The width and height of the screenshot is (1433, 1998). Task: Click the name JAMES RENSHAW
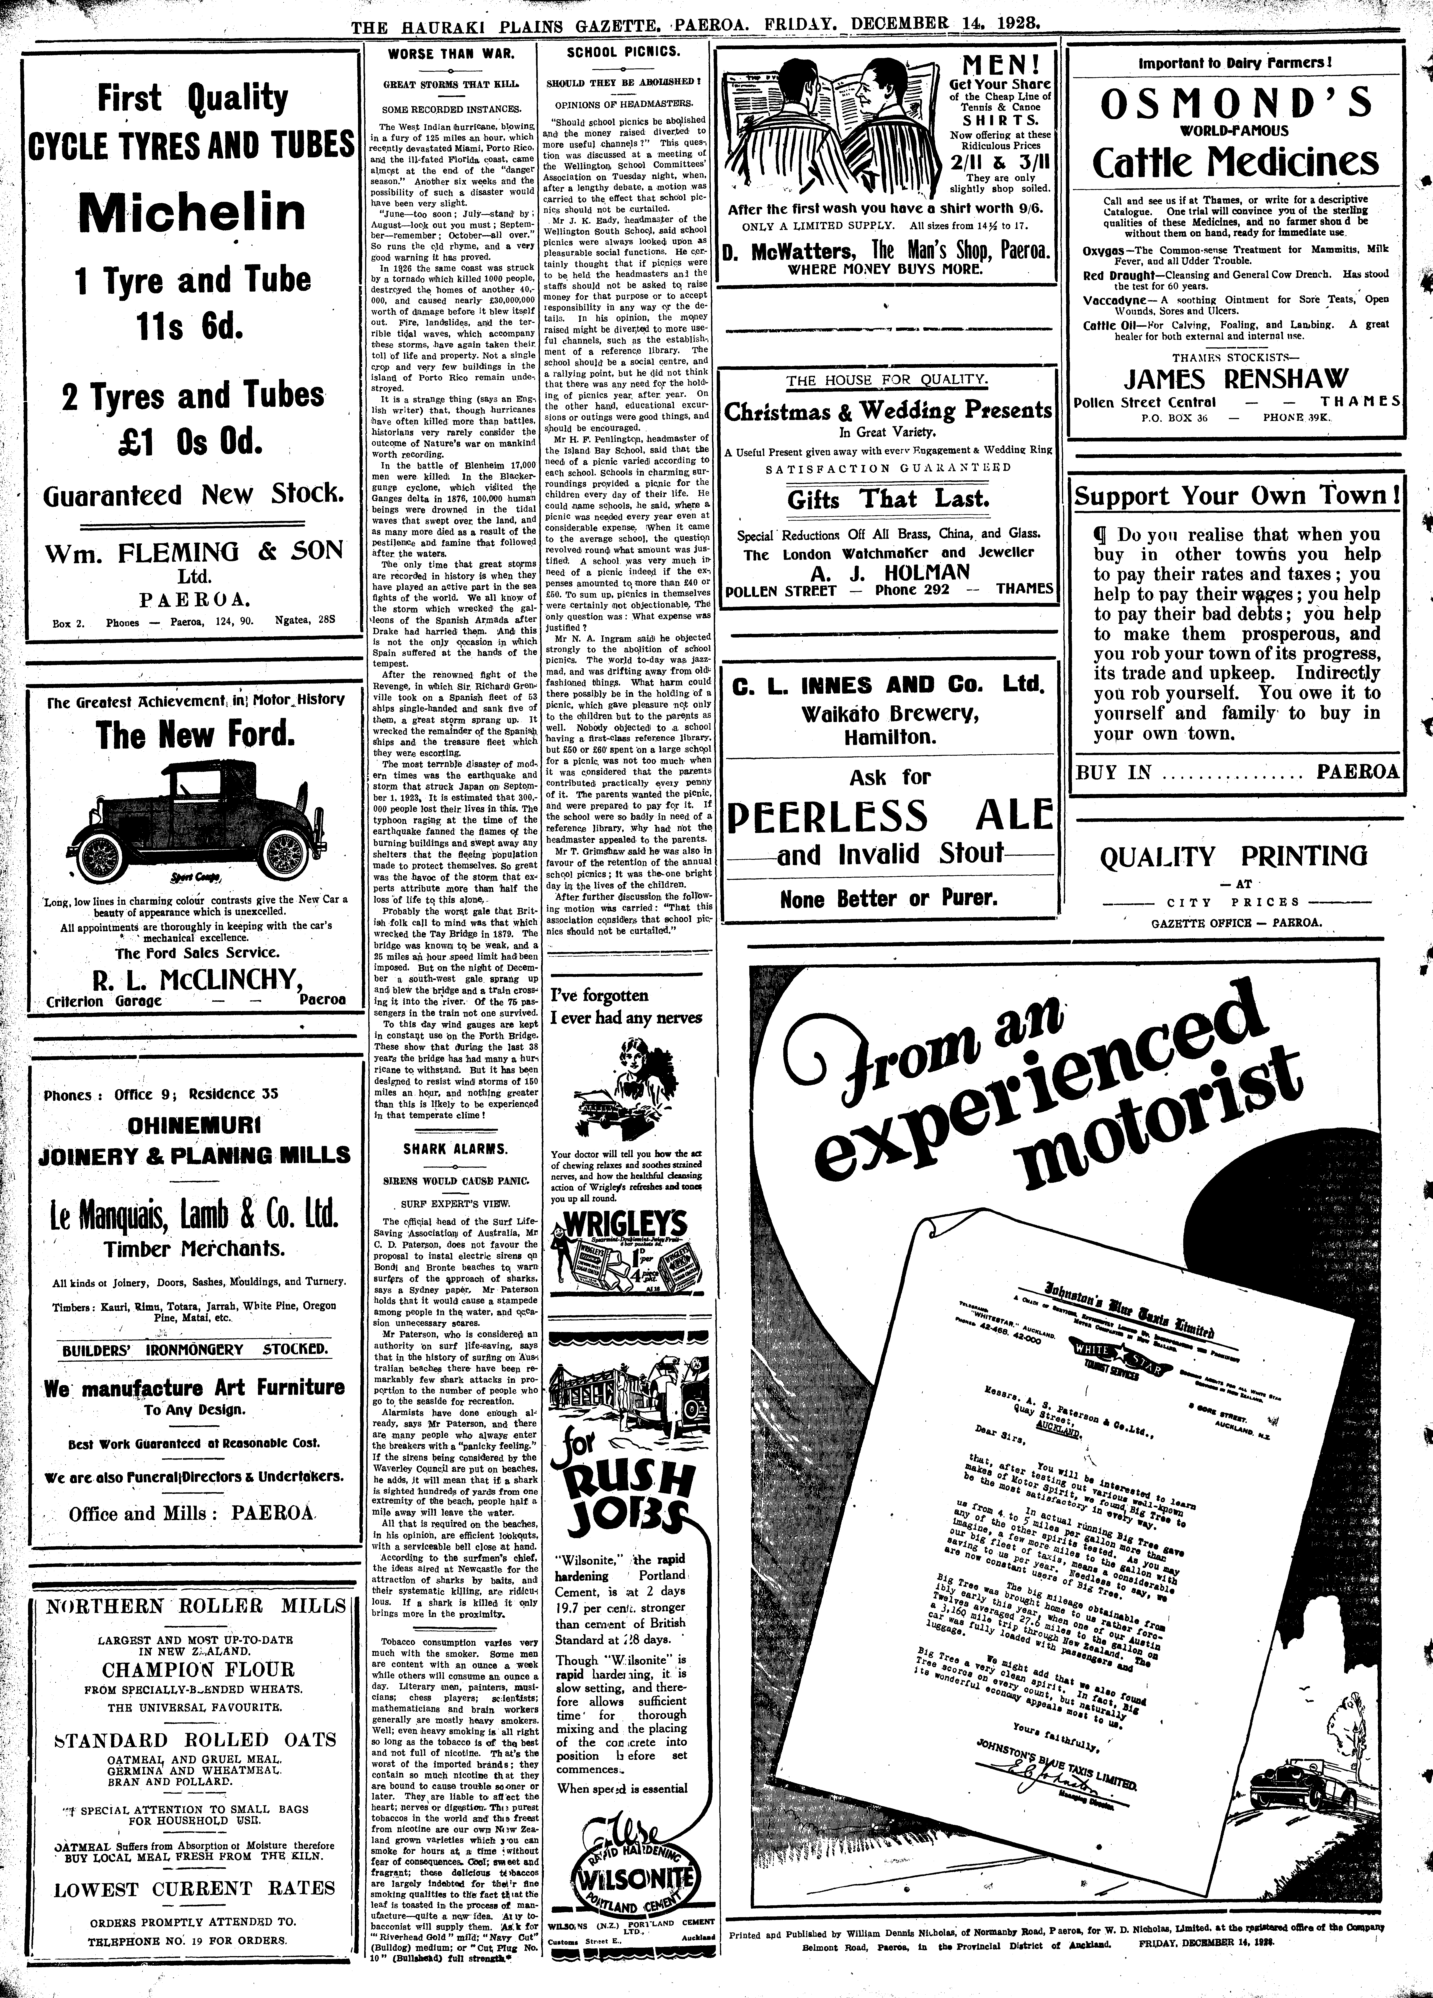tap(1235, 379)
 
